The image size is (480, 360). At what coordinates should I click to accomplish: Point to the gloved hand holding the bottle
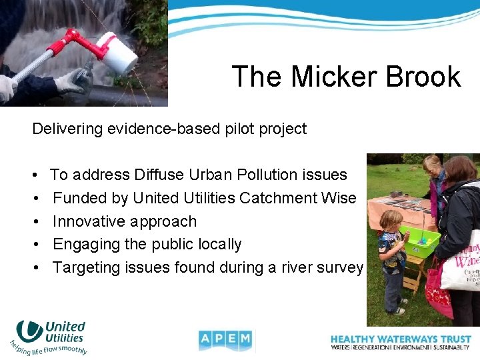70,81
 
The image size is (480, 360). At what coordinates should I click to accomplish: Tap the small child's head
391,220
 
